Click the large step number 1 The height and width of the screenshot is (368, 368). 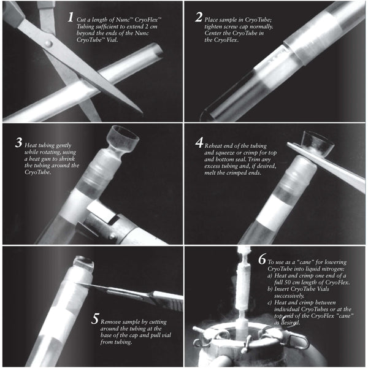click(72, 17)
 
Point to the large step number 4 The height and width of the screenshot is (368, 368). click(199, 142)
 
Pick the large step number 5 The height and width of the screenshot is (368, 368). click(94, 320)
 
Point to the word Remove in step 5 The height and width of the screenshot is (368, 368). click(115, 319)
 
